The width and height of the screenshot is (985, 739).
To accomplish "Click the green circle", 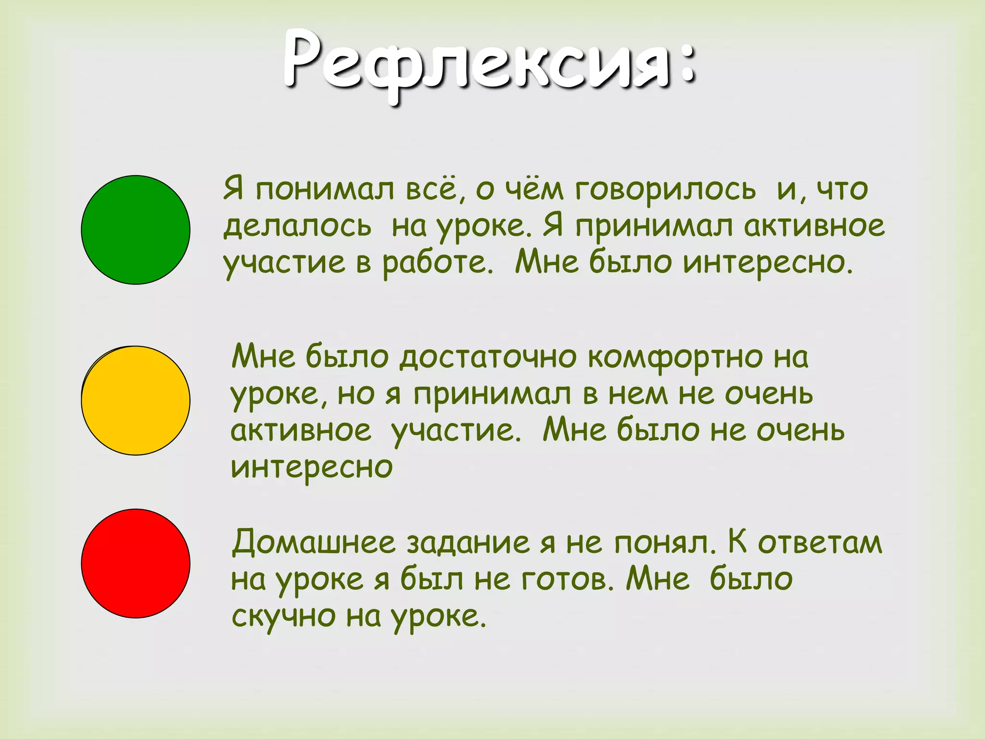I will click(x=136, y=230).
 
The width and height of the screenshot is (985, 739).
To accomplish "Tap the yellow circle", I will click(x=136, y=400).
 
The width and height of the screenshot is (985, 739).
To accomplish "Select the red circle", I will click(x=136, y=563).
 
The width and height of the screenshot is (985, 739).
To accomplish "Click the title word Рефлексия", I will click(x=476, y=63).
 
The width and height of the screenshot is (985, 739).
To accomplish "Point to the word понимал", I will click(x=325, y=189).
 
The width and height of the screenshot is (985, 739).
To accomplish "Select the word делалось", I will click(x=297, y=226).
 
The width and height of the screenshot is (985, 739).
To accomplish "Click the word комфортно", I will click(x=675, y=357).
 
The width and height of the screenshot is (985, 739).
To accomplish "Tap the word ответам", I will click(x=820, y=543).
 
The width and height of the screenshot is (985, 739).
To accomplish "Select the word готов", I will click(x=563, y=579).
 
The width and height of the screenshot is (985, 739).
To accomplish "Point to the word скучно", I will click(x=283, y=616).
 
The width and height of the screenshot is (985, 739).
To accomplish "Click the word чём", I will click(x=533, y=189).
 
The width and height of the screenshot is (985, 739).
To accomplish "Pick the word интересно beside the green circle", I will click(x=768, y=263).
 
